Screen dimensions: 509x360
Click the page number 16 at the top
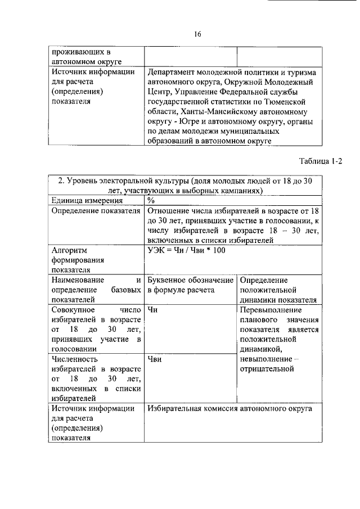(x=197, y=34)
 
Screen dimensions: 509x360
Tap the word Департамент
(x=173, y=73)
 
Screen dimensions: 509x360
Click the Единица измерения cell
(x=87, y=201)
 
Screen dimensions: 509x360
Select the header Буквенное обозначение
(x=190, y=280)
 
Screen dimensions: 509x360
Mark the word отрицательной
(x=267, y=369)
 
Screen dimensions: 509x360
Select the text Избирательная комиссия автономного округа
(x=229, y=409)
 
